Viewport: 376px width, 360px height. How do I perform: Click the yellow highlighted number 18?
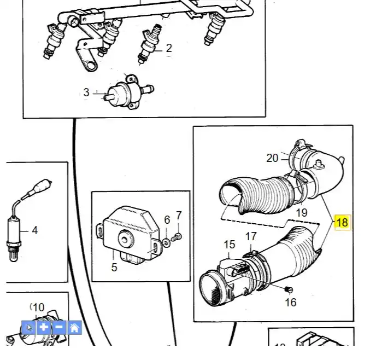(342, 222)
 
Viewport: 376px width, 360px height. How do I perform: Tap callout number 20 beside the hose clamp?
(272, 158)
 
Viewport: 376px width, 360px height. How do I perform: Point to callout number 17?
(250, 237)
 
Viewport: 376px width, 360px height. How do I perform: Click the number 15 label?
(230, 245)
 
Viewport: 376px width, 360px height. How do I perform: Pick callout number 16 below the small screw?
(291, 302)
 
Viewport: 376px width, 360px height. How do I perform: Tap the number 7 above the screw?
(178, 216)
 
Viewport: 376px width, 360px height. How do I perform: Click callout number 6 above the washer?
(167, 220)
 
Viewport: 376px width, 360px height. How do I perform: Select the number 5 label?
(114, 268)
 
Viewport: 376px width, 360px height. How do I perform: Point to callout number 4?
(35, 230)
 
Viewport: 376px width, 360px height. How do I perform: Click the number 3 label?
(86, 92)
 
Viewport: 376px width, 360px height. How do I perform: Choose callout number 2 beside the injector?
(168, 48)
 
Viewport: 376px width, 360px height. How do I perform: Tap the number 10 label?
(38, 308)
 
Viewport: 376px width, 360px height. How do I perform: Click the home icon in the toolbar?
(74, 328)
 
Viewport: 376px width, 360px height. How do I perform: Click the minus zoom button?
(59, 328)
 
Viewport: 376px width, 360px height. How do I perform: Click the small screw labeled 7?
(177, 237)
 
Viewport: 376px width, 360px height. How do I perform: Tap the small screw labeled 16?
(289, 288)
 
